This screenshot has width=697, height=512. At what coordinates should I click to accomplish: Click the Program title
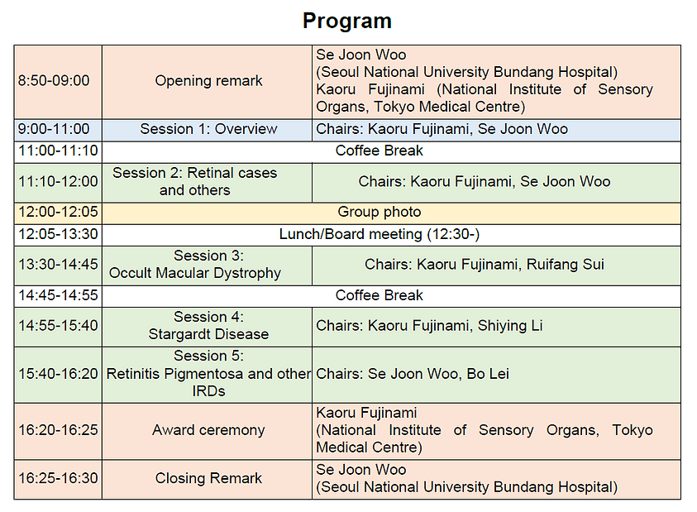347,21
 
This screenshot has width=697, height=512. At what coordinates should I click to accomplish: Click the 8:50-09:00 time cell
54,81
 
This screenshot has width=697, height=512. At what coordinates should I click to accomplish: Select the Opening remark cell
208,81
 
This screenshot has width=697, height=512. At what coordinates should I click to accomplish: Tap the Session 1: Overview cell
208,129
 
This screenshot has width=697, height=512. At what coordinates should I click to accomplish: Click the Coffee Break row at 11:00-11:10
379,151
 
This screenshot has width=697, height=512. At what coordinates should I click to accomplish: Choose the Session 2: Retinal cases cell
195,181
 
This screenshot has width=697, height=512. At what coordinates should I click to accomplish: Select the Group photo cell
379,213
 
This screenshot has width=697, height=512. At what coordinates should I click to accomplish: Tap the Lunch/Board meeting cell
379,234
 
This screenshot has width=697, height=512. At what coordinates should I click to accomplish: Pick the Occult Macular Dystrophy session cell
195,265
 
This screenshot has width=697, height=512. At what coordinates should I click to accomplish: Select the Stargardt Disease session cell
208,326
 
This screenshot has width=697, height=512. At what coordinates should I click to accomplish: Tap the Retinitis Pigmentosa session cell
208,374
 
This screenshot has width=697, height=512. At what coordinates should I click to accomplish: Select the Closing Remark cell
208,478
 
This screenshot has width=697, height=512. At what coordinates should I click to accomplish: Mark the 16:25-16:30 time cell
58,478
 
